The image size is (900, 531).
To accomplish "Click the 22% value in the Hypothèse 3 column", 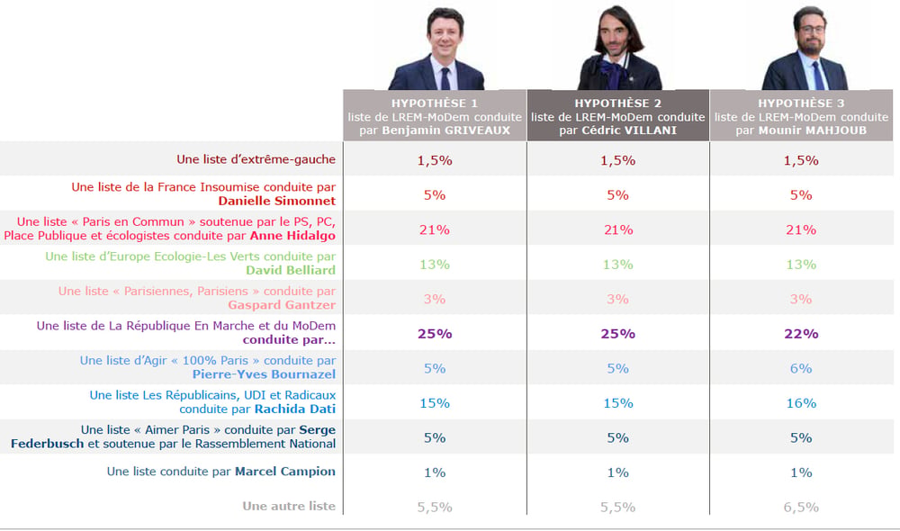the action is point(801,334).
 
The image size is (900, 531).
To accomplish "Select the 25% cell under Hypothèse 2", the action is point(617,334).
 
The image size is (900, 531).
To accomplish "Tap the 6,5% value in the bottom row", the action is point(801,507).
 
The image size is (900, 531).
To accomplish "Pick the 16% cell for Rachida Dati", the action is point(801,403).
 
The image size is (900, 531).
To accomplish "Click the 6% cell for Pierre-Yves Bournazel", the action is point(801,368).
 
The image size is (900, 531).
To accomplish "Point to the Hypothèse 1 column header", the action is point(435,116).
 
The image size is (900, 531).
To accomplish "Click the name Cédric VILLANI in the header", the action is point(629,130).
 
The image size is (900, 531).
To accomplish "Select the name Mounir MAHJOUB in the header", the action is point(812,130).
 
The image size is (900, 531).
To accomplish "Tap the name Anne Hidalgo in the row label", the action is point(292,236).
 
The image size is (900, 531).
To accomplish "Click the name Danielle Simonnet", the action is point(276,201).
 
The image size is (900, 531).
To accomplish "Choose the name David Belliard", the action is point(291,270).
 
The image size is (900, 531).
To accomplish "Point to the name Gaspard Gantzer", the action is point(282,305).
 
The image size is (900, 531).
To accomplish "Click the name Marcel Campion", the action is point(285,472).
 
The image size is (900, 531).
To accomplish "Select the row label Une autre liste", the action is point(289,506).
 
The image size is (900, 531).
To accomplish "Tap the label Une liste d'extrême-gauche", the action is point(256,159).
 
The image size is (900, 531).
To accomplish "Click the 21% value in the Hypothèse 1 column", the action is point(435,229).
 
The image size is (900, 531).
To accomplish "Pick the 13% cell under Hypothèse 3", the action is point(801,264).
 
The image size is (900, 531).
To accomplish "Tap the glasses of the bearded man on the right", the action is point(811,29).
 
